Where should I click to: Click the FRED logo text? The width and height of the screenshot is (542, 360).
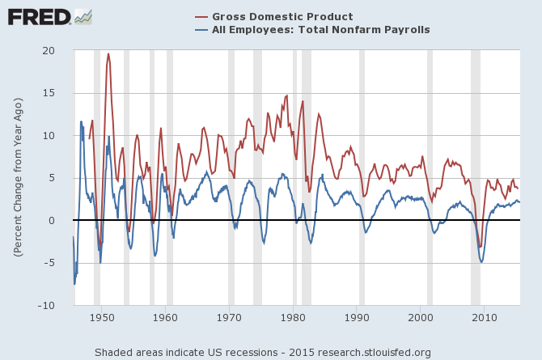point(38,16)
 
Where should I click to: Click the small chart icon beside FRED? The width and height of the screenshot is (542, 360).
point(83,16)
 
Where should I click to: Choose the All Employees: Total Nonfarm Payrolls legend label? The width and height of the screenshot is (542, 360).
point(321,30)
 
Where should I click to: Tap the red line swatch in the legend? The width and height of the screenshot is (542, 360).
point(201,17)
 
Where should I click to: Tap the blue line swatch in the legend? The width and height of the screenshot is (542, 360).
point(201,30)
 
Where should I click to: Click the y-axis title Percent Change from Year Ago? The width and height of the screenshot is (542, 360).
point(17,178)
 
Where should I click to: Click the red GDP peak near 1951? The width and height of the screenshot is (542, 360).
point(108,54)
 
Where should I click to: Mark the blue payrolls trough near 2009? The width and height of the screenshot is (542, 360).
point(481,262)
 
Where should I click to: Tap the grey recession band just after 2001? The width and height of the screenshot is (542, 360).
point(430,178)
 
